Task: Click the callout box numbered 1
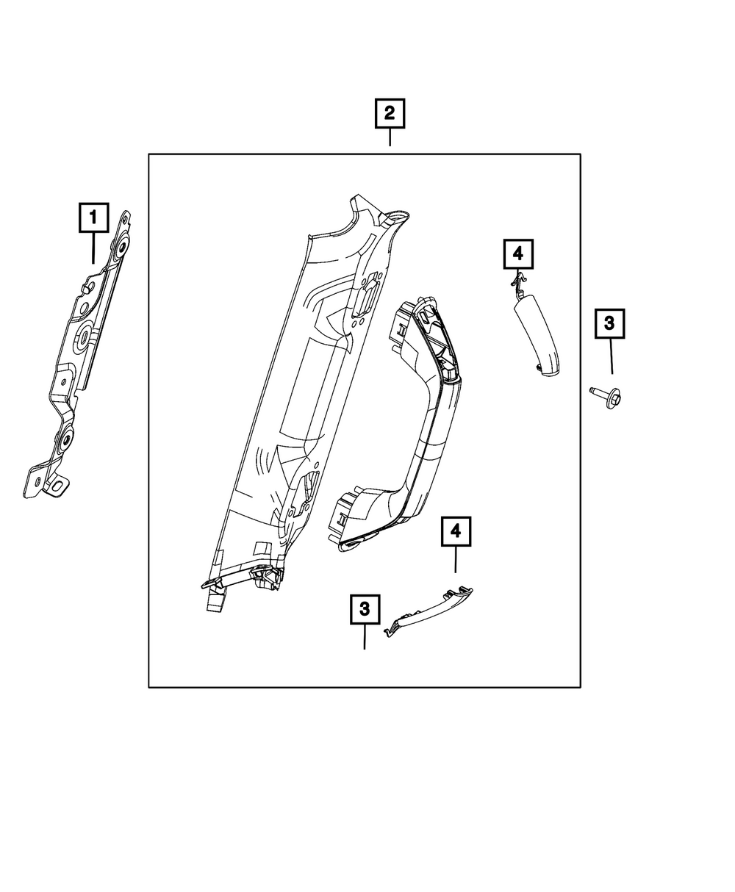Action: click(93, 218)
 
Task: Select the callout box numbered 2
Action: click(390, 114)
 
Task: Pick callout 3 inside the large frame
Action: click(365, 609)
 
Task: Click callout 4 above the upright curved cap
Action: click(517, 254)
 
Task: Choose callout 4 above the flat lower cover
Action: click(455, 530)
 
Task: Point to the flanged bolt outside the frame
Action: click(606, 397)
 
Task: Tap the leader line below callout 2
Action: click(390, 137)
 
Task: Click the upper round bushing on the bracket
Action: click(119, 244)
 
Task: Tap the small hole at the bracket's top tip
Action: click(126, 217)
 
